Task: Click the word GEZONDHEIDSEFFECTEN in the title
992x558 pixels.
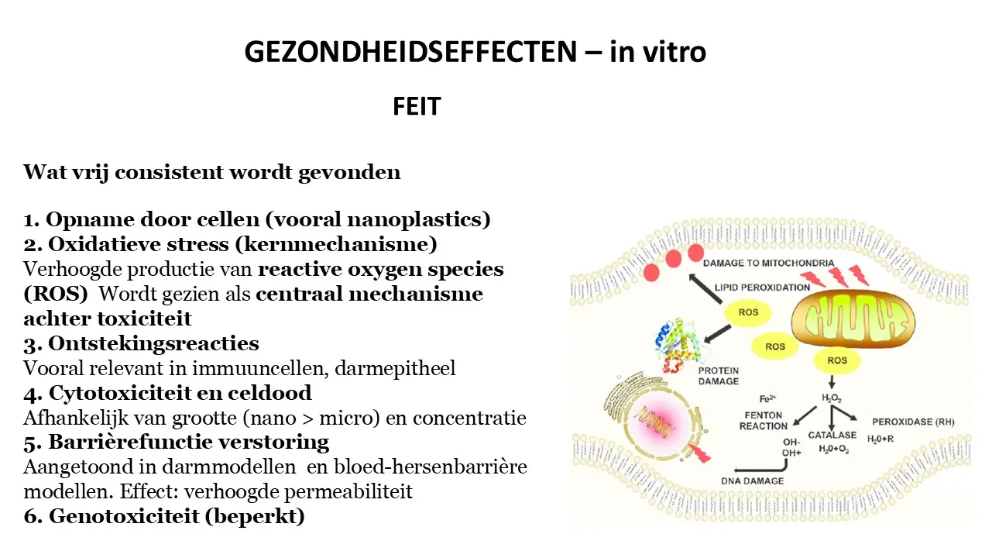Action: tap(410, 52)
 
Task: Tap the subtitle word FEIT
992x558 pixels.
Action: tap(417, 106)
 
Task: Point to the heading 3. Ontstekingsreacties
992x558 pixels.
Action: tap(141, 343)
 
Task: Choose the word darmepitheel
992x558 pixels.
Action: tap(395, 369)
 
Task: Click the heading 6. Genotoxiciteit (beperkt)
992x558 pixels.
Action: tap(164, 516)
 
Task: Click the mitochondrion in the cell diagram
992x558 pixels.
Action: tap(853, 319)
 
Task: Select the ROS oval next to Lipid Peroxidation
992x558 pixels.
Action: tap(748, 312)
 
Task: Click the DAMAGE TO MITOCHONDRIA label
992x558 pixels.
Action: tap(768, 263)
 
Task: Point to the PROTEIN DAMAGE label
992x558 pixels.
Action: tap(719, 376)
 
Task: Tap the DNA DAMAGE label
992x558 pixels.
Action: tap(753, 480)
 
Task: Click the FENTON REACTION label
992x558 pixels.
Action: tap(764, 421)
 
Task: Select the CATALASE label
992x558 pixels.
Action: tap(832, 436)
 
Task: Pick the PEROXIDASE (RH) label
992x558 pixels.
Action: tap(913, 422)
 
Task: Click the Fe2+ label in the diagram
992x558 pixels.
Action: tap(767, 399)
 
